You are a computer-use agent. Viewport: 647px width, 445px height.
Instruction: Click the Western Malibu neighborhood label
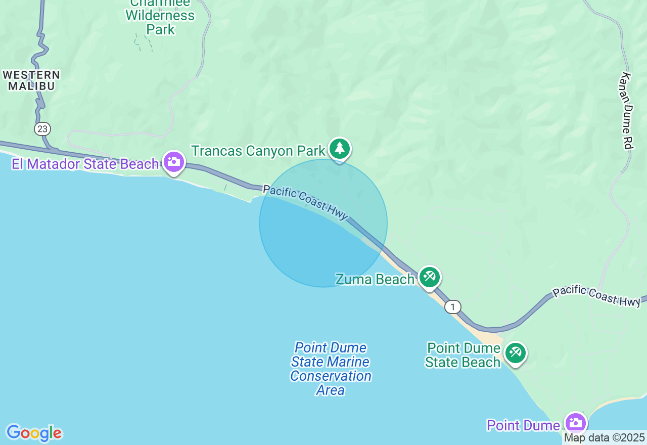(x=31, y=80)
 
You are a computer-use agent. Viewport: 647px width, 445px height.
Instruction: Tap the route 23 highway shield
(x=42, y=129)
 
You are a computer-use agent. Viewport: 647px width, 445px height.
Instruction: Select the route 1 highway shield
(x=453, y=306)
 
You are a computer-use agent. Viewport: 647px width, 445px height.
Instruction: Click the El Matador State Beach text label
(x=85, y=164)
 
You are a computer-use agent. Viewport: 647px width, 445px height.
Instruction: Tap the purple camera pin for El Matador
(x=174, y=162)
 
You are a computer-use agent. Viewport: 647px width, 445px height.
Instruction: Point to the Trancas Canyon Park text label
(x=258, y=151)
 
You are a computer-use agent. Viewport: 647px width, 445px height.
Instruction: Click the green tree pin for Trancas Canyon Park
(x=340, y=149)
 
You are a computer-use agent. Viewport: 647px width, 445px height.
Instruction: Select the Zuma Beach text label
(x=375, y=279)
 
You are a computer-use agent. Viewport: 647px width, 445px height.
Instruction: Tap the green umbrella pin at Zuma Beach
(x=429, y=277)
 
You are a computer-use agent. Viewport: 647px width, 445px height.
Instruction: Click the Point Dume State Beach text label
(x=463, y=355)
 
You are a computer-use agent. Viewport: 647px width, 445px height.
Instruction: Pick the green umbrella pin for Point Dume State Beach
(x=515, y=352)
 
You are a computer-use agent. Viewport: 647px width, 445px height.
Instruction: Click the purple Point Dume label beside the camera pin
(x=524, y=425)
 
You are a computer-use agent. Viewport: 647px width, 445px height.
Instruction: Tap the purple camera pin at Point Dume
(x=575, y=422)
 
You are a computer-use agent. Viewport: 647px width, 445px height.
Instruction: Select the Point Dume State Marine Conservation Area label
(x=331, y=369)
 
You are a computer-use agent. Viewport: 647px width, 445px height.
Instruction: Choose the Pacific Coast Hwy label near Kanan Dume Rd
(x=596, y=296)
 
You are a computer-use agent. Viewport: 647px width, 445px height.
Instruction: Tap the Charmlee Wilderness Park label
(x=160, y=15)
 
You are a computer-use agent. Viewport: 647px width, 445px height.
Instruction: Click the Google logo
(x=34, y=433)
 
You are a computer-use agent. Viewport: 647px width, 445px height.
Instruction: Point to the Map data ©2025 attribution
(x=605, y=437)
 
